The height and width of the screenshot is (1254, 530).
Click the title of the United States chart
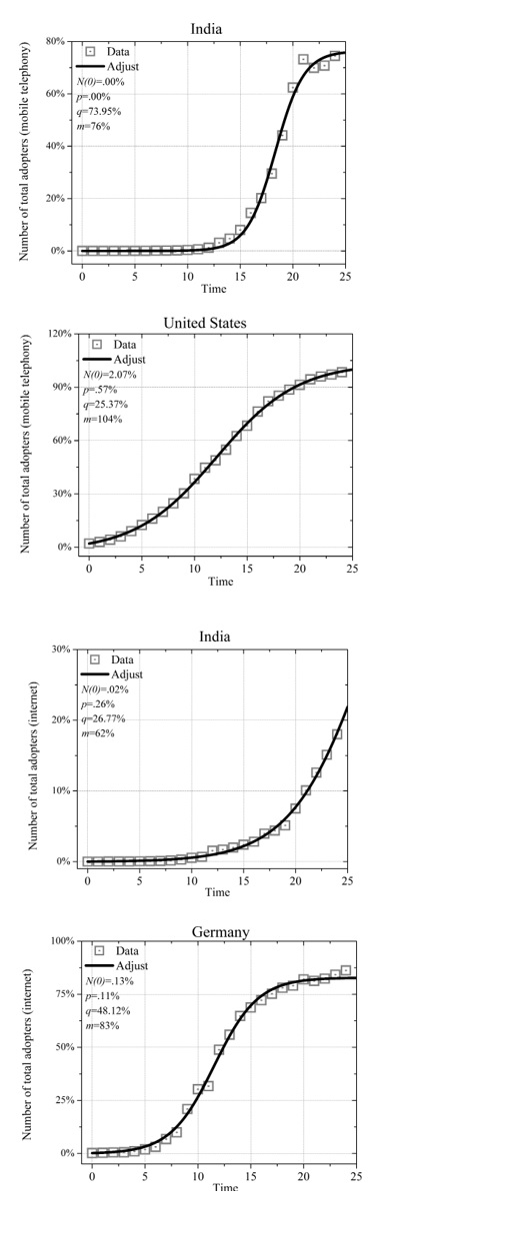click(204, 323)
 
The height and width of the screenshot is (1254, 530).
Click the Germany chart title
click(220, 931)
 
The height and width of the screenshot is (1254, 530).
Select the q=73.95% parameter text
click(101, 111)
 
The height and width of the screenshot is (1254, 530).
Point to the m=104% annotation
click(102, 419)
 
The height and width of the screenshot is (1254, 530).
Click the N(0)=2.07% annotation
click(110, 375)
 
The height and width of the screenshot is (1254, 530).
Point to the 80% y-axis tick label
click(55, 42)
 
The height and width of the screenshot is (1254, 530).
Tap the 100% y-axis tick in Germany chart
click(62, 941)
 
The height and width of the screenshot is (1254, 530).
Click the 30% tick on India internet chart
click(60, 649)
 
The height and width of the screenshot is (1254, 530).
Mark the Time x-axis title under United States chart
click(220, 582)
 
